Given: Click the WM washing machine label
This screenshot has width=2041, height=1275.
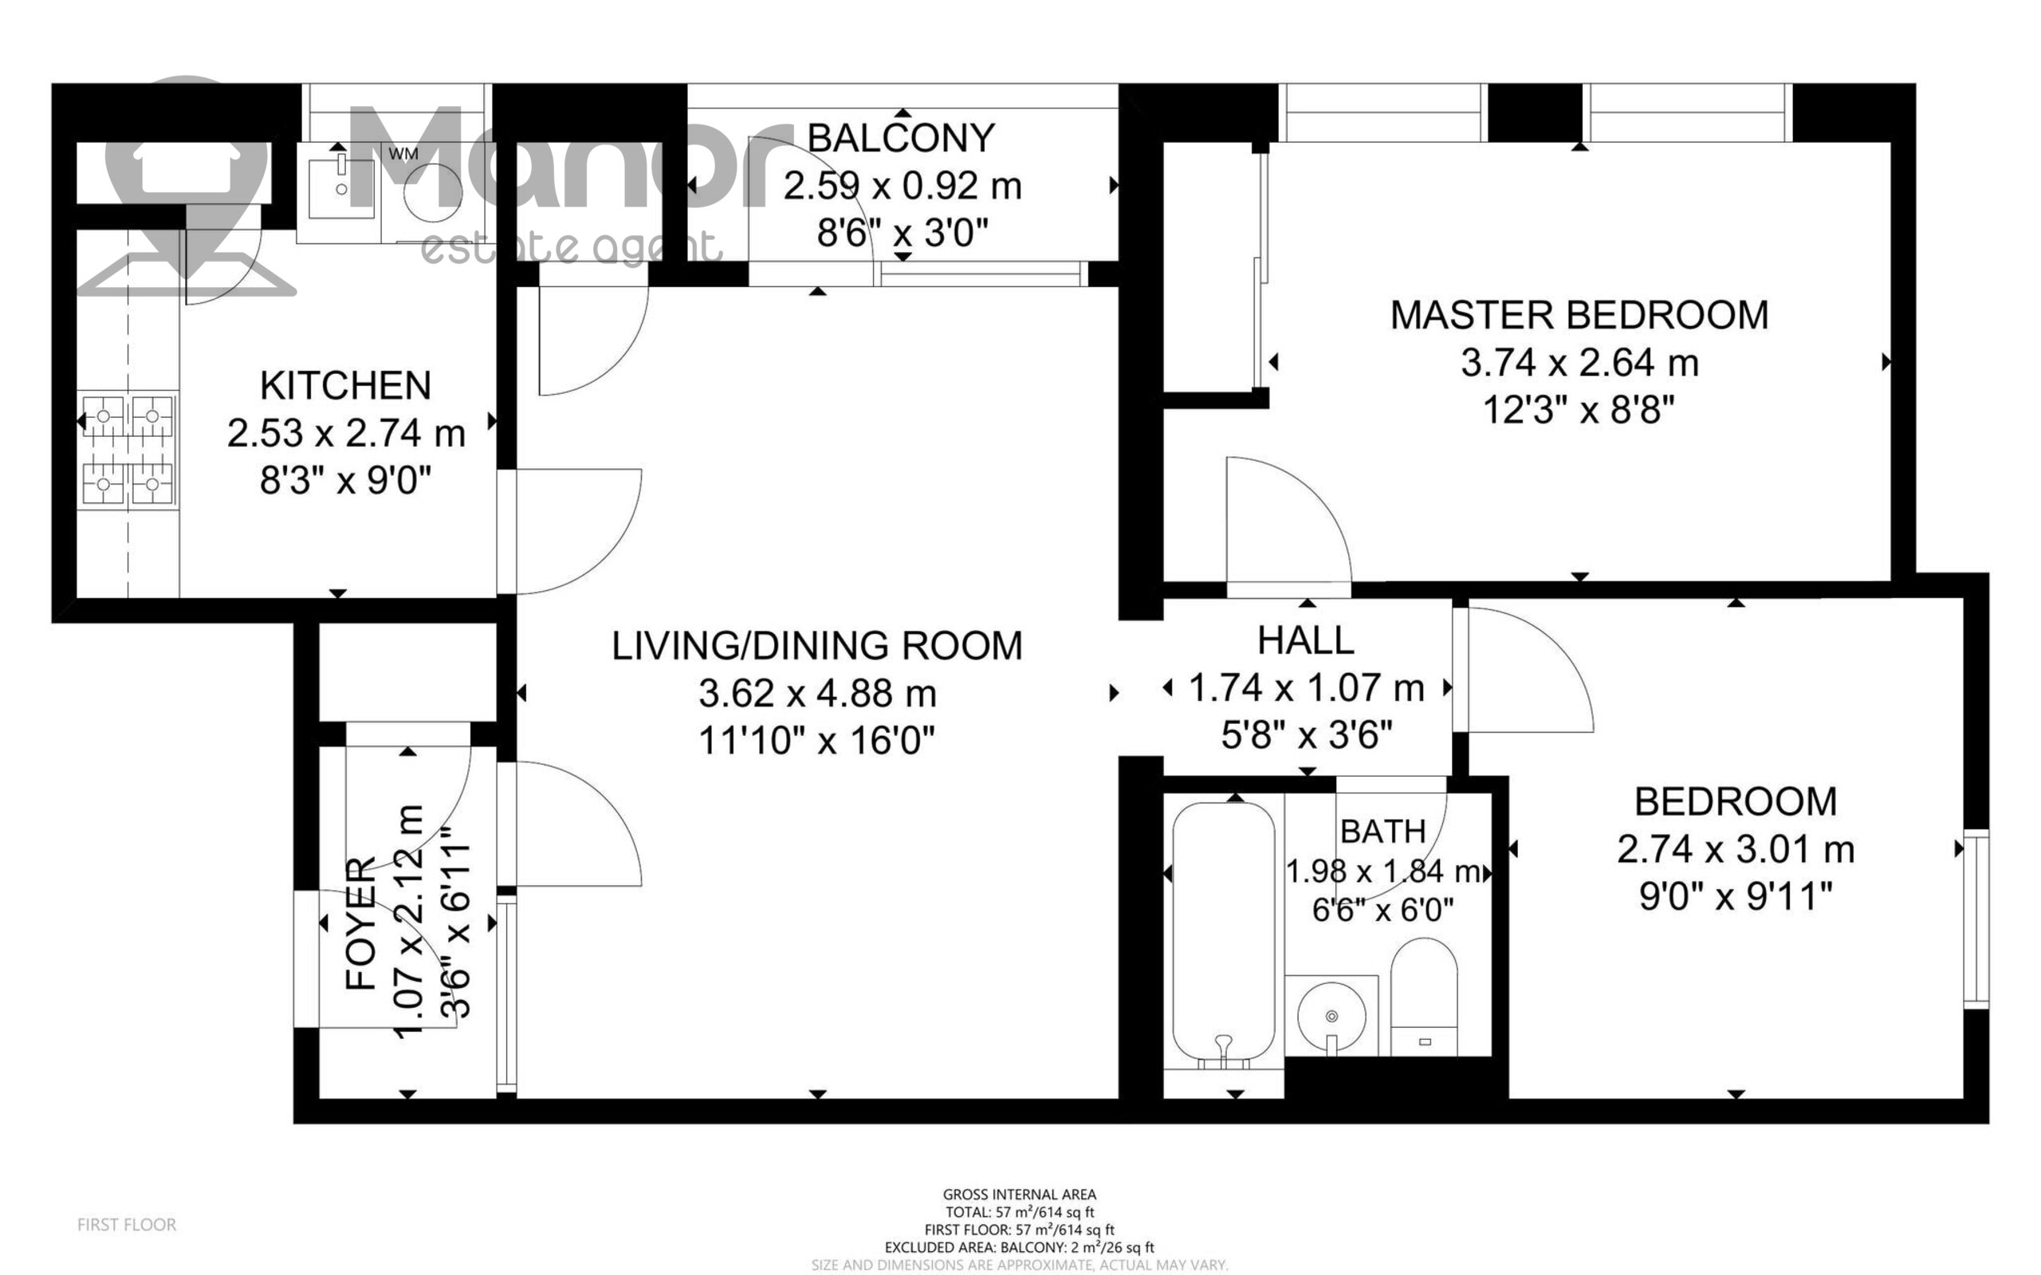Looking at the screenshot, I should click(403, 155).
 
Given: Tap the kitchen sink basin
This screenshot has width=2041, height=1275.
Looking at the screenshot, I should click(340, 188).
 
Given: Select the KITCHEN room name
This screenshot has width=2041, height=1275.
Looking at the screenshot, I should click(346, 385).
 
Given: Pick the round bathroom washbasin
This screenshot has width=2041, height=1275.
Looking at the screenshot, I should click(1331, 1017).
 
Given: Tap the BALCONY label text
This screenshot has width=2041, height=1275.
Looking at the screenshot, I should click(901, 138).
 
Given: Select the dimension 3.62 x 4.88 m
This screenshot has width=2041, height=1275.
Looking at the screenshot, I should click(817, 694).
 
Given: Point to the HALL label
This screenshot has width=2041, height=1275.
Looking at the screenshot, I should click(1305, 641).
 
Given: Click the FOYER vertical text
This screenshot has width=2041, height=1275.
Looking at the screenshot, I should click(361, 923).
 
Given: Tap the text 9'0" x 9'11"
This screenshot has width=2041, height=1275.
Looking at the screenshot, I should click(1736, 896).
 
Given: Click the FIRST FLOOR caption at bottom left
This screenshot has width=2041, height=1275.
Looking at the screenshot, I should click(127, 1225).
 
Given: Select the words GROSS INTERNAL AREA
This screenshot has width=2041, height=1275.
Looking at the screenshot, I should click(1019, 1194).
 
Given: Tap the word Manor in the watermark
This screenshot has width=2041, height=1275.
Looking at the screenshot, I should click(556, 160).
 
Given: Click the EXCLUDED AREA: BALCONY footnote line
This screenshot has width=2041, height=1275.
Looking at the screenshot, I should click(1019, 1247).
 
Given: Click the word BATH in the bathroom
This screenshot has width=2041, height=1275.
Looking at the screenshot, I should click(1382, 832).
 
